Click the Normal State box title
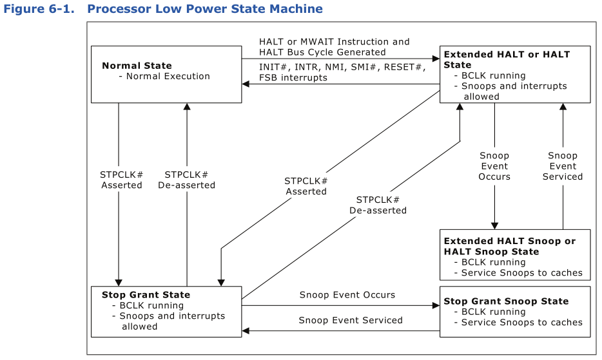[x=137, y=66]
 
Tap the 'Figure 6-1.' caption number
[x=40, y=9]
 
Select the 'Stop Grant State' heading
[x=146, y=295]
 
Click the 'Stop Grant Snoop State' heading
[x=506, y=301]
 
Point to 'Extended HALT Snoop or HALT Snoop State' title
[x=509, y=246]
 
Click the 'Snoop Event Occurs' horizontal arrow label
[x=347, y=295]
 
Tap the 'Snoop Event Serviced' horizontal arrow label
[x=351, y=320]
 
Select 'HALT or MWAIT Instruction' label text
[x=334, y=42]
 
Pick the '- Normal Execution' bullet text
[x=164, y=76]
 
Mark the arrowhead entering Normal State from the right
[x=246, y=84]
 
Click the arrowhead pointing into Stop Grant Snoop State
[x=436, y=306]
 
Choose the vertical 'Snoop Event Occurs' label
[x=494, y=166]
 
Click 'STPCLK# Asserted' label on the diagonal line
[x=306, y=186]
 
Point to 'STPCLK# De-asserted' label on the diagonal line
[x=378, y=205]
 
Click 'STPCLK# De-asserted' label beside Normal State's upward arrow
[x=186, y=180]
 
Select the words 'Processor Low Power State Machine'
[x=204, y=9]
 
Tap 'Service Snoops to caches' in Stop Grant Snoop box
[x=521, y=322]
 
